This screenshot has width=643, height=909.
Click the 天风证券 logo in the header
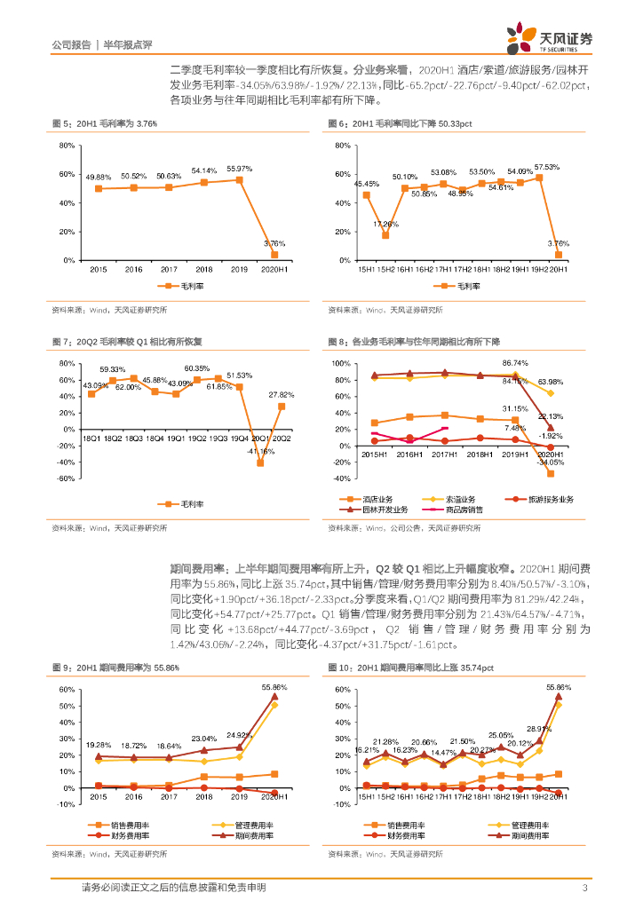point(550,36)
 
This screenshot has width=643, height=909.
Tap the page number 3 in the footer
point(584,888)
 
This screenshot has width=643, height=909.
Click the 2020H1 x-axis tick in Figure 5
point(274,268)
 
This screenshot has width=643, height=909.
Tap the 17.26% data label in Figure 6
point(385,224)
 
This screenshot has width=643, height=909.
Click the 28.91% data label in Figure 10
point(538,729)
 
